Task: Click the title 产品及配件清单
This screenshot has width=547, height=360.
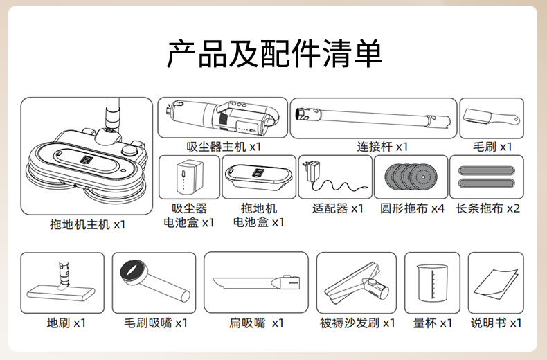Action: click(x=274, y=54)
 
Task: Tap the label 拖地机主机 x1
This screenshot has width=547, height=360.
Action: click(x=87, y=224)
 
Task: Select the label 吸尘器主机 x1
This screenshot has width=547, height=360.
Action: click(x=224, y=147)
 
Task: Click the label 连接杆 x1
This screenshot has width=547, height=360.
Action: click(x=382, y=147)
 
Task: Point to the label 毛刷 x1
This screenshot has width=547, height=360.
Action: click(x=492, y=147)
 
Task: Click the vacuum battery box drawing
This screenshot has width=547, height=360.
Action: click(x=190, y=177)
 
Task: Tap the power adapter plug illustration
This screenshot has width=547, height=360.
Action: click(x=312, y=170)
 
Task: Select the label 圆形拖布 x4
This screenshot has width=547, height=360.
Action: click(x=412, y=208)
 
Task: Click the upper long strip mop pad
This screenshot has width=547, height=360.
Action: click(x=487, y=170)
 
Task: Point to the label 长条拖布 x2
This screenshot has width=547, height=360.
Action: click(x=487, y=208)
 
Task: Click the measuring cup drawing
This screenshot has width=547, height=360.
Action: click(x=432, y=283)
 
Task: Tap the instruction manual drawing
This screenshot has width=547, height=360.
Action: click(x=495, y=284)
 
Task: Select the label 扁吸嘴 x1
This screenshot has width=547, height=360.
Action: click(x=256, y=323)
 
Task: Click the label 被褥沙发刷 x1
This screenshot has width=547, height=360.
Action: click(x=357, y=323)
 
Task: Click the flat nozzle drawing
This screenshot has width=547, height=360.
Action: click(x=256, y=282)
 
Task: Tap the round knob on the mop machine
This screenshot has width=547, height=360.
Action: click(x=129, y=150)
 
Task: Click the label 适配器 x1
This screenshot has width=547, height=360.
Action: click(x=338, y=208)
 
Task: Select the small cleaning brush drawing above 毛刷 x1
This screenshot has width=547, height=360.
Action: click(x=491, y=118)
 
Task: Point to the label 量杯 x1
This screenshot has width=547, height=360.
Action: click(x=433, y=323)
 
